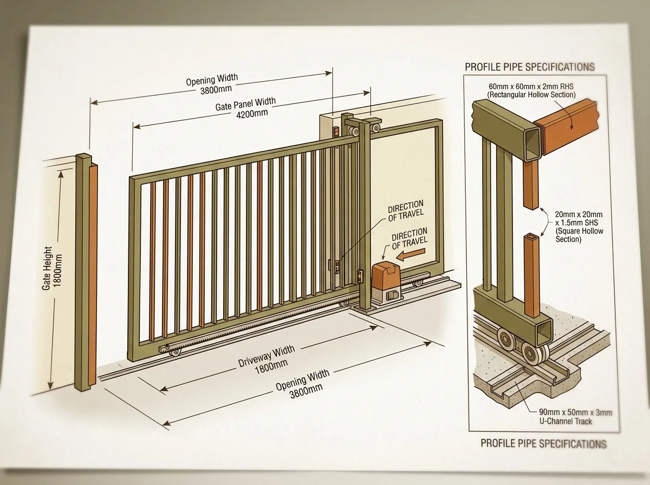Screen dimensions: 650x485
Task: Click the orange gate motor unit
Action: (x=386, y=280)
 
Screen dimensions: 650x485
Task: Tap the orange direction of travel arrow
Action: (x=411, y=254)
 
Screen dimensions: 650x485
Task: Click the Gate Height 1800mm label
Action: (x=52, y=268)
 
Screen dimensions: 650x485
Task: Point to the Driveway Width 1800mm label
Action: (x=268, y=360)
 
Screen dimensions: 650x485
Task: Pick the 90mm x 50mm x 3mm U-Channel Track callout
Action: (x=575, y=417)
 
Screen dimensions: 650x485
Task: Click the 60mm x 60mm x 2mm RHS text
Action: (x=531, y=87)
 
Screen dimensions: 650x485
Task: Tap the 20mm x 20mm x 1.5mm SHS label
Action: (x=579, y=227)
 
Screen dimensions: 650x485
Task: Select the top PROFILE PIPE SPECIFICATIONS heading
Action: (x=529, y=67)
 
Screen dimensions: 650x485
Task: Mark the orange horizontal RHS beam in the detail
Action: (x=566, y=127)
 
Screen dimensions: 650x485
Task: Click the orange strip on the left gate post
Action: (x=93, y=274)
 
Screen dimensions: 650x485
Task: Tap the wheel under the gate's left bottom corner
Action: (x=175, y=352)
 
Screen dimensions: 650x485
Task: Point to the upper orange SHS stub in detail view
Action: (x=531, y=185)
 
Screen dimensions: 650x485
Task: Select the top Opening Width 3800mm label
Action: (x=212, y=84)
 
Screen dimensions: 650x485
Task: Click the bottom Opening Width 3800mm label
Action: (x=303, y=384)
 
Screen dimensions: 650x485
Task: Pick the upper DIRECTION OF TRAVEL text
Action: (x=406, y=211)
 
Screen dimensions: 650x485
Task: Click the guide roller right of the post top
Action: (x=376, y=128)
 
